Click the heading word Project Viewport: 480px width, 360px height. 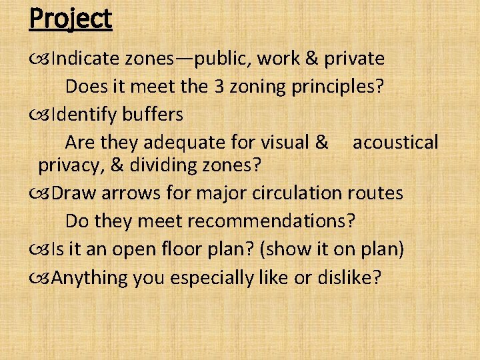pyautogui.click(x=70, y=19)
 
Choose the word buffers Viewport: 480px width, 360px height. pyautogui.click(x=152, y=115)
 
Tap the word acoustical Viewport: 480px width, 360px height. pyautogui.click(x=395, y=142)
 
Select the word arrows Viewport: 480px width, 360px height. pyautogui.click(x=124, y=193)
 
